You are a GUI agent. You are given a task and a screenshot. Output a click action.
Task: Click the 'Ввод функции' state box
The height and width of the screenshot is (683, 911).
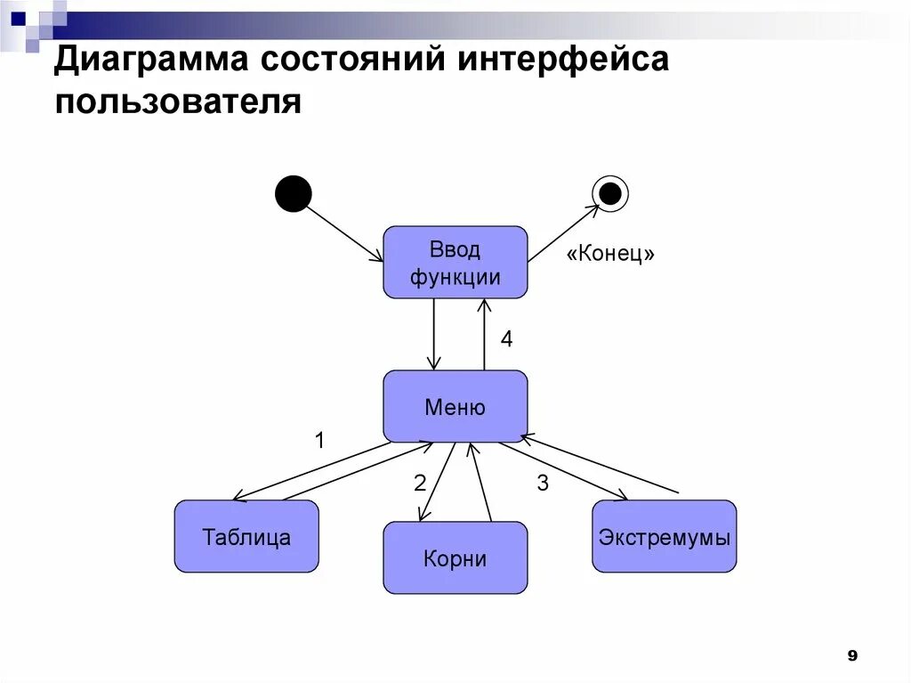455,262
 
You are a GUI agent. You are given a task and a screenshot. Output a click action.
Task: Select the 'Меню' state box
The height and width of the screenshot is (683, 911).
455,407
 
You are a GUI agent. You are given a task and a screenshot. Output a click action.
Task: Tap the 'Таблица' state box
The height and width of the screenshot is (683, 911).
246,536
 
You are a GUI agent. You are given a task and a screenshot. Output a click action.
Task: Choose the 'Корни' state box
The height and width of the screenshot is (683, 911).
455,557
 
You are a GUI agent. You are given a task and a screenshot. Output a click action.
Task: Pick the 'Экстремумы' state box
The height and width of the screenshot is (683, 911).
664,536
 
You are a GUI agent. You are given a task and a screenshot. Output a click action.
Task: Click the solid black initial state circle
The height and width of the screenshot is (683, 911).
294,193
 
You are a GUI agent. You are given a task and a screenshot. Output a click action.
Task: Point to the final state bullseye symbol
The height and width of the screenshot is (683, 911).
610,193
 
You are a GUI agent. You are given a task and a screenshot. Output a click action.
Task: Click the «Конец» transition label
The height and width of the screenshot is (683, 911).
610,254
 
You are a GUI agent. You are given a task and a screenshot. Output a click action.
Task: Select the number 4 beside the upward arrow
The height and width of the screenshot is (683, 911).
506,338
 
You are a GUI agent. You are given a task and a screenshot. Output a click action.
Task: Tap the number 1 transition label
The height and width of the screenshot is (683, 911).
320,440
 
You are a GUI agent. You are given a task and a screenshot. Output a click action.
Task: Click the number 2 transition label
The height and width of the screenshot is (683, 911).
420,483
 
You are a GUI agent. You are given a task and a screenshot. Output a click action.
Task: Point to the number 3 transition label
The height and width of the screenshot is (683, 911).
543,483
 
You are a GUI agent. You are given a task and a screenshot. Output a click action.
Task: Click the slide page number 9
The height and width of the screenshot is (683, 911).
851,655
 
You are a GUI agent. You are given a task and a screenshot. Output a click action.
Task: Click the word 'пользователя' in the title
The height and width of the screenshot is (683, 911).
179,101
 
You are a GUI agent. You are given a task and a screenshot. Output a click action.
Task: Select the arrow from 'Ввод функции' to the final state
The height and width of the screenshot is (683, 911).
564,233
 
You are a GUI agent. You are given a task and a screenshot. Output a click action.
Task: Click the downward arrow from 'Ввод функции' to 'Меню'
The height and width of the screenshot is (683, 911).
433,334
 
